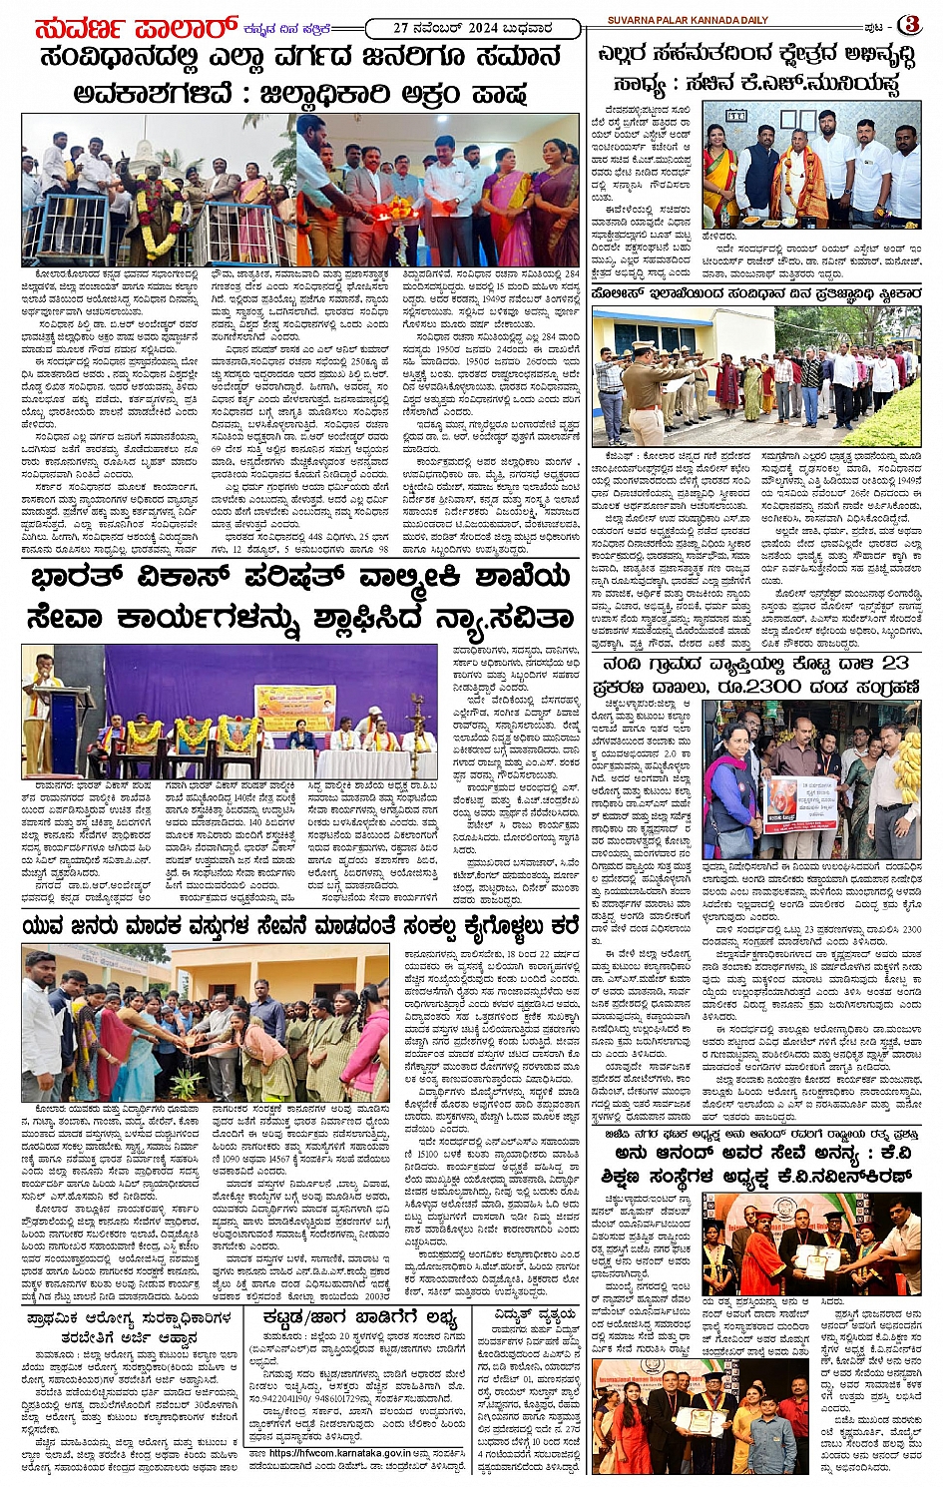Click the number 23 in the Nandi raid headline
click(892, 663)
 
